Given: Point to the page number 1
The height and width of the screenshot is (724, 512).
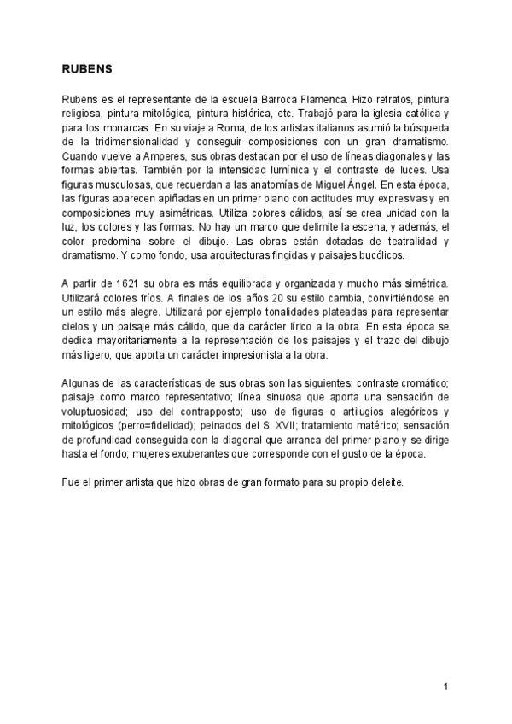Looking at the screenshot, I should pyautogui.click(x=445, y=686).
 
